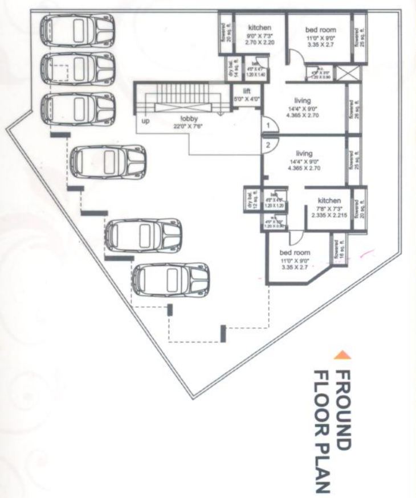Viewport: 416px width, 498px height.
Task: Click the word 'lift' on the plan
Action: point(247,91)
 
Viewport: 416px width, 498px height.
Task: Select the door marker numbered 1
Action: point(266,125)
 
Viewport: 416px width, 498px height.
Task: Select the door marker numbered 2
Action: point(266,145)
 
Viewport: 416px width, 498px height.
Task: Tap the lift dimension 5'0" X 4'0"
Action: point(247,98)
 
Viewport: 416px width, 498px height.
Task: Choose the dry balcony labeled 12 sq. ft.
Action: point(250,200)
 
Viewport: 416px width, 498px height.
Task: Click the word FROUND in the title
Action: point(342,404)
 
